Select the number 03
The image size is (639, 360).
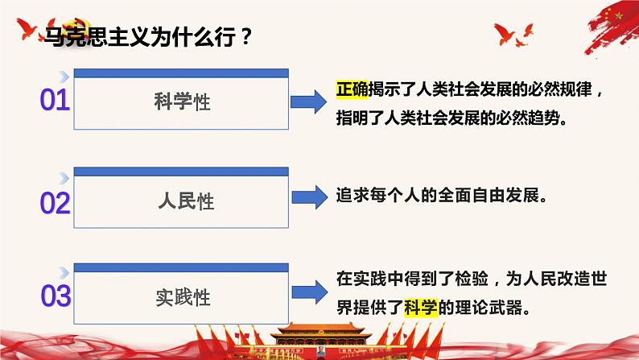coord(55,296)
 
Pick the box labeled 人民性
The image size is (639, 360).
coord(181,201)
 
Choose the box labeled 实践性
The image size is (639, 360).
coord(181,296)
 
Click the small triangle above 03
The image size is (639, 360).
coord(64,269)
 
